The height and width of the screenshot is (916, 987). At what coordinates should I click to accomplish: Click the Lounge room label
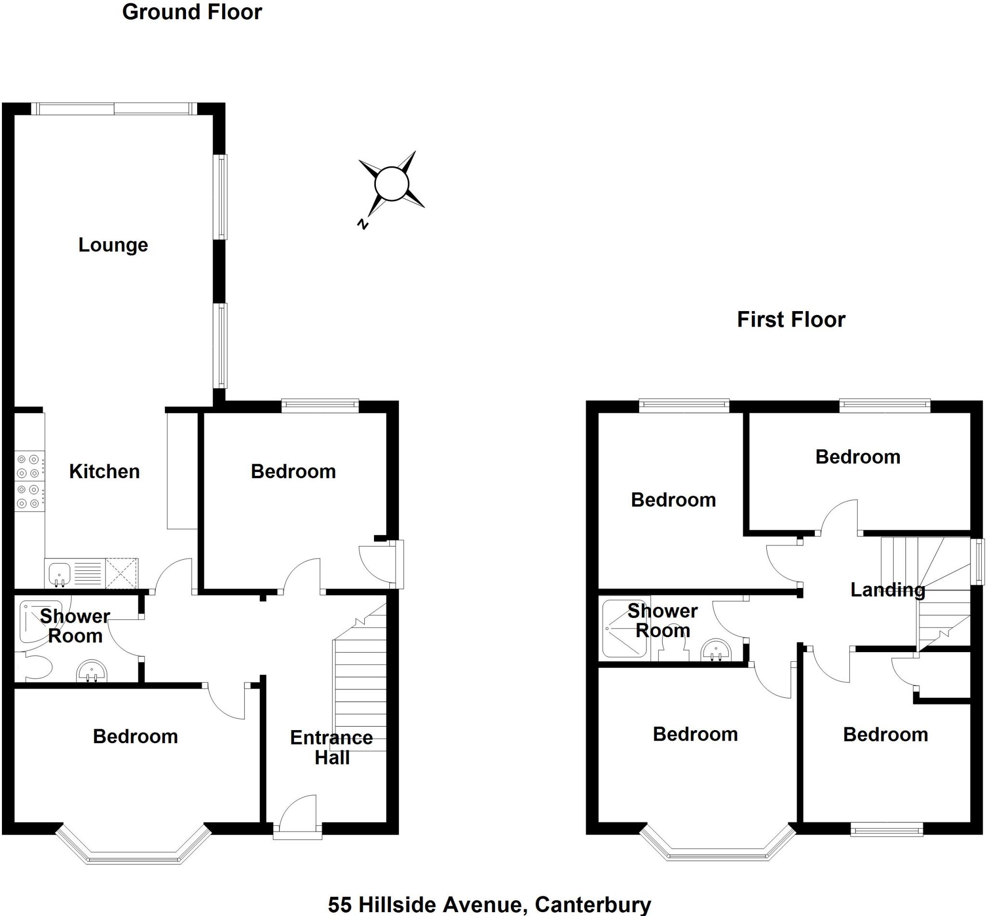pos(113,245)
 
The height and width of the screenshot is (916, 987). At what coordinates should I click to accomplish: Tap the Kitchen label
pos(104,471)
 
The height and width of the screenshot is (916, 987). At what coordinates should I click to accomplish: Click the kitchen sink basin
pos(59,574)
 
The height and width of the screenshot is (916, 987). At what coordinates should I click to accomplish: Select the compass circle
pos(391,184)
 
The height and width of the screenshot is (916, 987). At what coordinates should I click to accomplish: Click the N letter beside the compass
pos(363,224)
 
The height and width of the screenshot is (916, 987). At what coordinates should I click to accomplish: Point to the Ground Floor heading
pos(192,13)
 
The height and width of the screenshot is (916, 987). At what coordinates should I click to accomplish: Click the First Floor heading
pos(790,320)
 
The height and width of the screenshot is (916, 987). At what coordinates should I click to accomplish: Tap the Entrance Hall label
pos(331,747)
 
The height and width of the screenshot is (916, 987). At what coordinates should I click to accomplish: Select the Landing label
pos(887,589)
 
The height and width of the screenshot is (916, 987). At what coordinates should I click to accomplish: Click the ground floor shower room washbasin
pos(92,672)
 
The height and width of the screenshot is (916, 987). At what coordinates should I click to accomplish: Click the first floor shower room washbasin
pos(716,651)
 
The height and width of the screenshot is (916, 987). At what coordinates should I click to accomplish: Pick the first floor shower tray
pos(624,629)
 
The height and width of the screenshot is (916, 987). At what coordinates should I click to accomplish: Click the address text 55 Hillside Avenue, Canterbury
pos(489,904)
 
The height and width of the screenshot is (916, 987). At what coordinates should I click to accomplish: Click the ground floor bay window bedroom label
pos(135,736)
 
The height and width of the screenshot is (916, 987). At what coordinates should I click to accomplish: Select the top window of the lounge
pos(114,108)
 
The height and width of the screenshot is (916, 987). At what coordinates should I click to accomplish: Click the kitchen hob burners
pos(29,481)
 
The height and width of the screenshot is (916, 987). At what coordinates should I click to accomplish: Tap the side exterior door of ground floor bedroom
pos(382,564)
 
